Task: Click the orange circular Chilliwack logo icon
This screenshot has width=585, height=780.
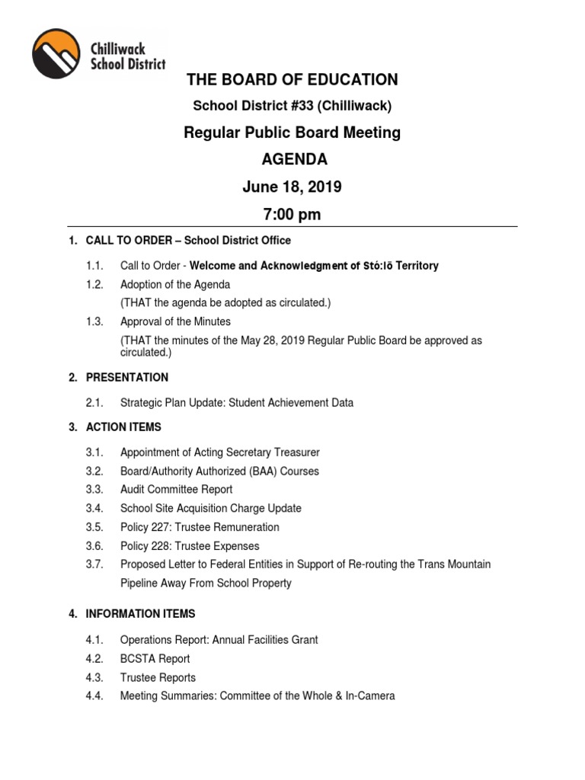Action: tap(56, 54)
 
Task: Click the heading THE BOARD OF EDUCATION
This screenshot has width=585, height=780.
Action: tap(292, 80)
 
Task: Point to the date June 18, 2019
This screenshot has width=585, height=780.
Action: tap(292, 187)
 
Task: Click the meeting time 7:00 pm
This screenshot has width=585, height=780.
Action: tap(292, 215)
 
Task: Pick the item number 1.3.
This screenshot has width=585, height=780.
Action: tap(94, 321)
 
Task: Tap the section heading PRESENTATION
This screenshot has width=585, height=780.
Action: tap(127, 377)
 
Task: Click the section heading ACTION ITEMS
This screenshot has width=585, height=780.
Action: tap(123, 427)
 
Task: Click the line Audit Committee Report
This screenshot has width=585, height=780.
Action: tap(176, 489)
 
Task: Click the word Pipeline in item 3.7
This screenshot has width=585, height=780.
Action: tap(140, 583)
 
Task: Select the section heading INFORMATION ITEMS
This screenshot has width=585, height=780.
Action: tap(140, 614)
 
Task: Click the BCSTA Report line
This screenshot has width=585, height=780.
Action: tap(155, 659)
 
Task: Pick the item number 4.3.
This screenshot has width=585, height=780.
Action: tap(94, 678)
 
